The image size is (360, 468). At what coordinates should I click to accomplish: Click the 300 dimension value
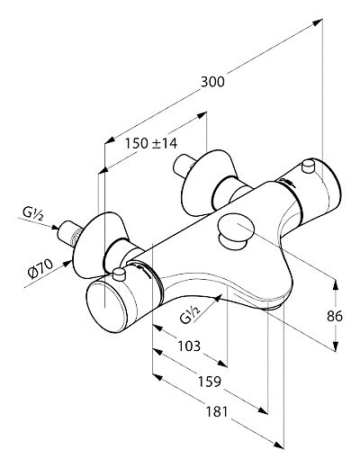point(212,82)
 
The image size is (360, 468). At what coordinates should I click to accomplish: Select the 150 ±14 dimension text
point(151,143)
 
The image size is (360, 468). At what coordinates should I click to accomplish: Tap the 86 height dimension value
point(335,316)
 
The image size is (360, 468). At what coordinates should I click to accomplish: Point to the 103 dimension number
point(189,346)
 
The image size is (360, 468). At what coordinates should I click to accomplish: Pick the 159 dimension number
point(210,382)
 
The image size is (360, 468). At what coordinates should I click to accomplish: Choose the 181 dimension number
point(217,411)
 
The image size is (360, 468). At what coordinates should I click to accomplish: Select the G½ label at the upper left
point(32,214)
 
